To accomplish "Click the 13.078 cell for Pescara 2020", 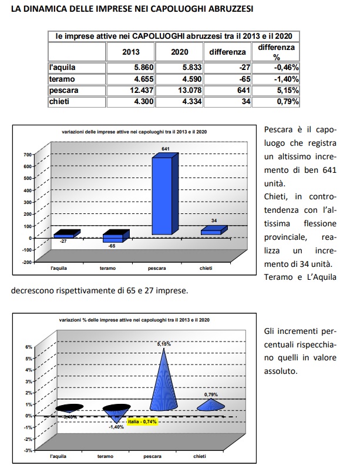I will [x=176, y=91].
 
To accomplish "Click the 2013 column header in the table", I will [x=130, y=52].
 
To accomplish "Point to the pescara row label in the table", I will [x=65, y=91].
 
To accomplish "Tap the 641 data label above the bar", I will [x=166, y=149].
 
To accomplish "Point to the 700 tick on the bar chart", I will [x=27, y=155].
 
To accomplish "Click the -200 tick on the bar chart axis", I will [x=26, y=262].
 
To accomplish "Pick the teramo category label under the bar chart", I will [x=107, y=269].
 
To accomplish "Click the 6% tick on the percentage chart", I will [x=28, y=347].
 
